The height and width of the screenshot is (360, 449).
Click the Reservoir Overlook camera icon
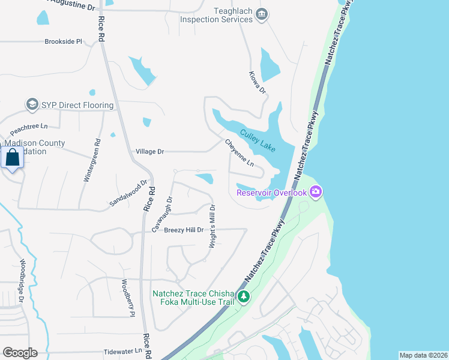click(x=316, y=192)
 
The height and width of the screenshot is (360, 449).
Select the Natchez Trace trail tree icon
click(x=243, y=296)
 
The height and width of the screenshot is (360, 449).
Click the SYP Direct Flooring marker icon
click(x=32, y=105)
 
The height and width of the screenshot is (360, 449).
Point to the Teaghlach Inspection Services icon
click(x=261, y=14)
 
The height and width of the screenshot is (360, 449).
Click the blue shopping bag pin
click(x=12, y=159)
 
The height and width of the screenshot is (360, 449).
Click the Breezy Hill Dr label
click(x=184, y=230)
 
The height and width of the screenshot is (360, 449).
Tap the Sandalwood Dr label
click(x=128, y=194)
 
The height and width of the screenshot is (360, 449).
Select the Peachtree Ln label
click(x=28, y=127)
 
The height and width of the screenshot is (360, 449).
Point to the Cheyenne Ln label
click(x=240, y=154)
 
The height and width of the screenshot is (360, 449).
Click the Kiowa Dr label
click(x=257, y=82)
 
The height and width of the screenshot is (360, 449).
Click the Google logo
click(x=20, y=353)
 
